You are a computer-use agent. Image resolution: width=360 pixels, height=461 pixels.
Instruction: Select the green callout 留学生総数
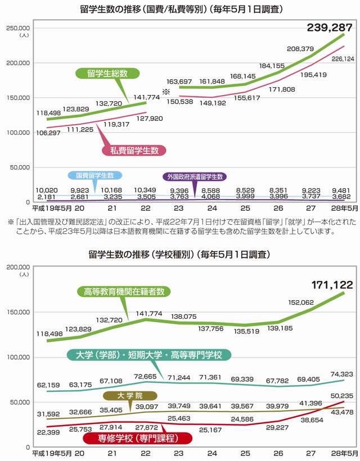click(107, 74)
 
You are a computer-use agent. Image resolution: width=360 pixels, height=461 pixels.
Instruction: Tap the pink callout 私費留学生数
click(134, 150)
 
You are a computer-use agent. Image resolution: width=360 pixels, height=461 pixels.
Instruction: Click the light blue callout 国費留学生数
click(94, 175)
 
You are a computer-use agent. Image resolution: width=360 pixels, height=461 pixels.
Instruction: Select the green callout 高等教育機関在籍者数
click(124, 292)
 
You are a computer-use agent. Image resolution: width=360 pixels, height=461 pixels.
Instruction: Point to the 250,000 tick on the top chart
click(17, 28)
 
